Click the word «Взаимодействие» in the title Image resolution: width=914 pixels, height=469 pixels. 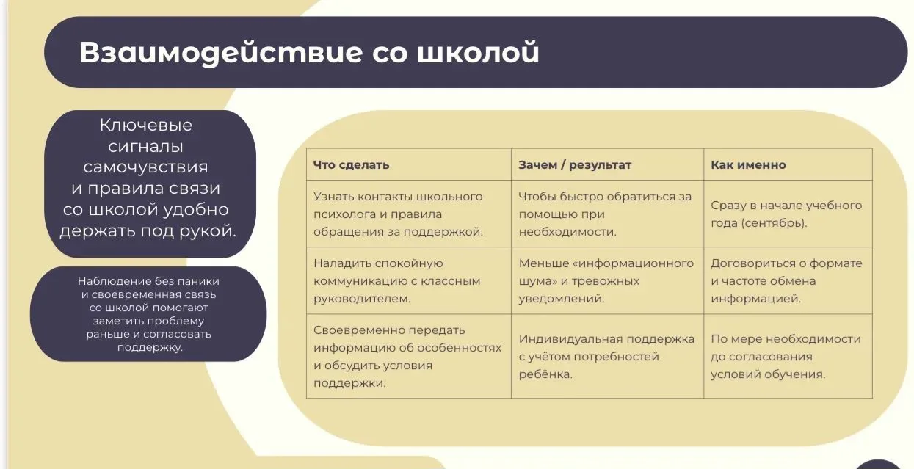click(221, 53)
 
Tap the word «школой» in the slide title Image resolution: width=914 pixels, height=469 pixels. click(478, 52)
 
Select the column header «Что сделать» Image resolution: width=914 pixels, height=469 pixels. click(352, 164)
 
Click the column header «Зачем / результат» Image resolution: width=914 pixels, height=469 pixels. click(575, 164)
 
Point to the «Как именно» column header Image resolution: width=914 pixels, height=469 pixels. click(748, 164)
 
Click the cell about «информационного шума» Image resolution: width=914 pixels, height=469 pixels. click(606, 281)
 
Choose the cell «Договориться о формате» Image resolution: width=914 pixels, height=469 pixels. click(787, 281)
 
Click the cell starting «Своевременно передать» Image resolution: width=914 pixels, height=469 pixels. click(407, 357)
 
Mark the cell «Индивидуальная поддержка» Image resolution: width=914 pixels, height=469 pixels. click(606, 357)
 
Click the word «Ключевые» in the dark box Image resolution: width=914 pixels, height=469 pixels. click(145, 126)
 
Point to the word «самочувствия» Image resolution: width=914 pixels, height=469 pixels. click(145, 167)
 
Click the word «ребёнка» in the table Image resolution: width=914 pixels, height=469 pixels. click(545, 374)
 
